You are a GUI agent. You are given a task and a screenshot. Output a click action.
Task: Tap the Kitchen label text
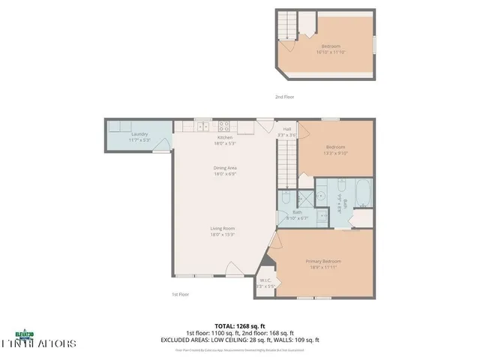(x=225, y=138)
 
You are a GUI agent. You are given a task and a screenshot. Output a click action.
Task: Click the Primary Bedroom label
(x=323, y=262)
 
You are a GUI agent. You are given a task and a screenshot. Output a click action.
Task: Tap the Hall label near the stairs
(x=287, y=129)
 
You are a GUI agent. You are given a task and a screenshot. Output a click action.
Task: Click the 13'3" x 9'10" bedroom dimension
(x=335, y=153)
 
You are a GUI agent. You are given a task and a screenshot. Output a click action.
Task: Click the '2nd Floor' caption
(x=283, y=97)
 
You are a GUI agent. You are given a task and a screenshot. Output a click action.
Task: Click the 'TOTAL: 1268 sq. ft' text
(x=240, y=325)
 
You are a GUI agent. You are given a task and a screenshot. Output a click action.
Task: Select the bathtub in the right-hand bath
(x=362, y=193)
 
